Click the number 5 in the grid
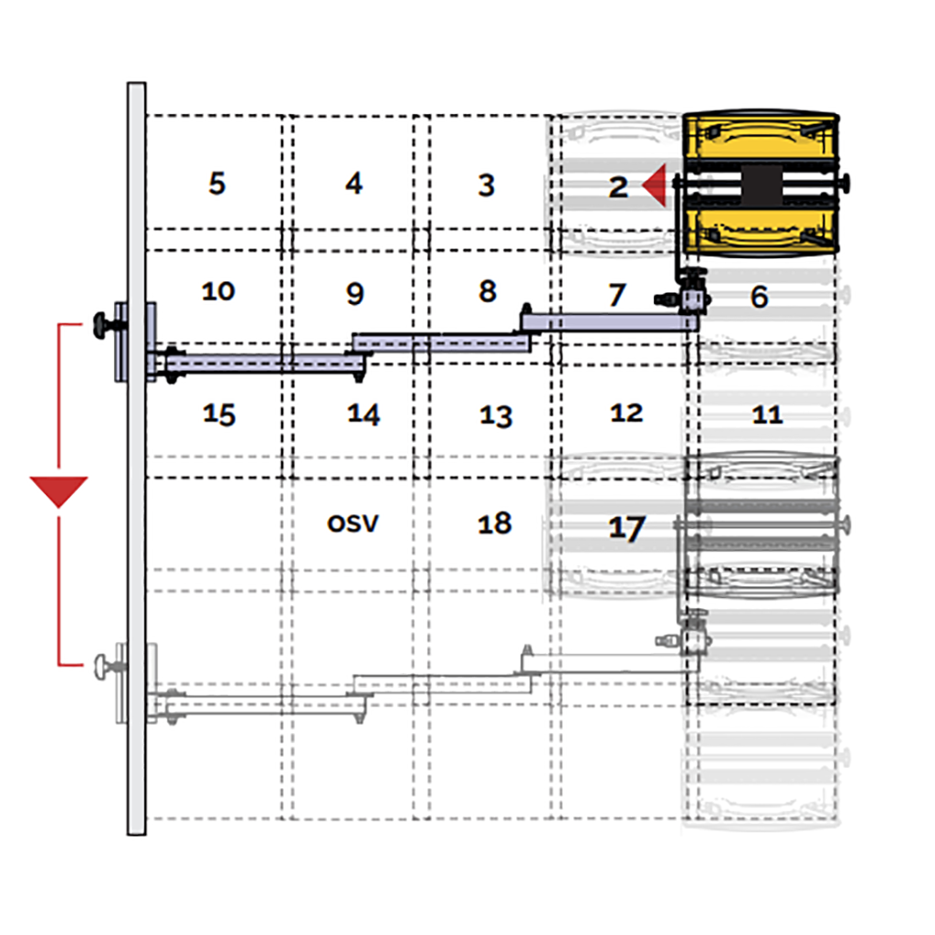tap(217, 183)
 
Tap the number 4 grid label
tap(354, 183)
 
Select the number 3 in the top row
tap(487, 185)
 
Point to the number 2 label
tap(618, 187)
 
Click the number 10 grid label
tap(218, 291)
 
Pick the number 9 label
tap(355, 293)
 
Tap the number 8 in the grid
tap(488, 291)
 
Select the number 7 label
tap(617, 295)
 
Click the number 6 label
tap(759, 297)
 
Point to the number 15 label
tap(219, 415)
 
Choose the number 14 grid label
tap(363, 415)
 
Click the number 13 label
tap(496, 416)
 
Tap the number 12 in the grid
tap(626, 413)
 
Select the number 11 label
tap(767, 415)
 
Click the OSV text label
tap(353, 523)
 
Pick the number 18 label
tap(495, 523)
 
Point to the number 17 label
tap(626, 528)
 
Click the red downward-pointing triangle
tap(59, 489)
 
